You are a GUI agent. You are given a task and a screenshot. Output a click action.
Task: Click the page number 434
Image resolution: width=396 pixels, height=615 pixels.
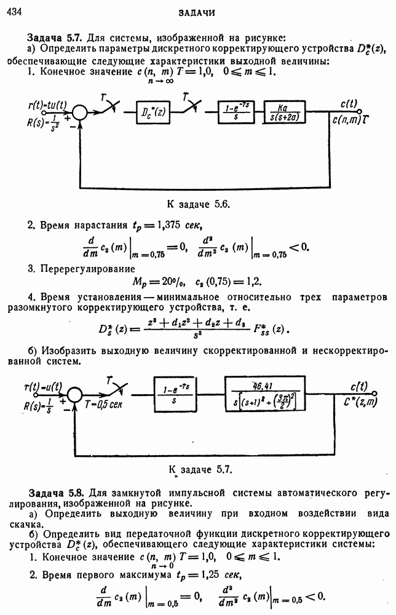pos(14,12)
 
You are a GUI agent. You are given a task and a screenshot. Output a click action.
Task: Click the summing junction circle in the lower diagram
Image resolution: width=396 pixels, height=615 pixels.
pos(74,394)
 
